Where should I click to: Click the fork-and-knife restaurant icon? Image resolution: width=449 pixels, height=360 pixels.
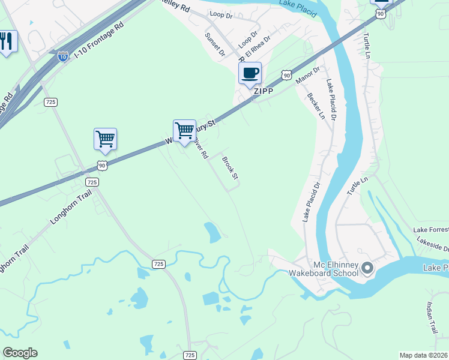7,41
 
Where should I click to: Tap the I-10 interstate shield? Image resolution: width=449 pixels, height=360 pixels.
63,56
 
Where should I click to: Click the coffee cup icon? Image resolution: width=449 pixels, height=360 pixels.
250,73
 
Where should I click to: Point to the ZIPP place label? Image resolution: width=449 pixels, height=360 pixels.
263,91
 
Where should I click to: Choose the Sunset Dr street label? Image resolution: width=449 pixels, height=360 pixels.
214,44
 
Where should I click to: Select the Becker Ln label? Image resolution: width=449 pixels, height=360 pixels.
315,106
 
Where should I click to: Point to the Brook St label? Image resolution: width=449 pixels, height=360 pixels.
231,168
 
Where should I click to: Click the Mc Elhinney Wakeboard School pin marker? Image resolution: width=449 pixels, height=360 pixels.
368,267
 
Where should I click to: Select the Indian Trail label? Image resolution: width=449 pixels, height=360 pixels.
433,317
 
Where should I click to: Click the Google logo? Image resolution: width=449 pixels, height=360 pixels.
20,353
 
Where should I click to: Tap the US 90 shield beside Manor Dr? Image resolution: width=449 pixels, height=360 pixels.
286,74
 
